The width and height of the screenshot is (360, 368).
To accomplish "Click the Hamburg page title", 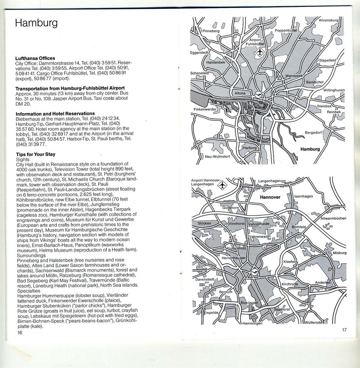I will point(36,23).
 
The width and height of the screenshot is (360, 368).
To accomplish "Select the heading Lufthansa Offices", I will point(35,58).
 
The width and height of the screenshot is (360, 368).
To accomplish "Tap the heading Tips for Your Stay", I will point(35,154).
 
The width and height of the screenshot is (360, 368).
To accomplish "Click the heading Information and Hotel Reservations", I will point(55,113).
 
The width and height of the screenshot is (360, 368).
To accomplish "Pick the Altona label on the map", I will point(240,93).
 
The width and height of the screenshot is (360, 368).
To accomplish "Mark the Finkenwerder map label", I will point(205,109).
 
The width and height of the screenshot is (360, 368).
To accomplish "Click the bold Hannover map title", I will point(271,197).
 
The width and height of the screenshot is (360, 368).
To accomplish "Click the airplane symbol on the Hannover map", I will point(222,186).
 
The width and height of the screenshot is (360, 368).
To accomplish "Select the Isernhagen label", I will point(303,196).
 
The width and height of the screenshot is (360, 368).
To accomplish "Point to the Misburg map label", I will point(339,253).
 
